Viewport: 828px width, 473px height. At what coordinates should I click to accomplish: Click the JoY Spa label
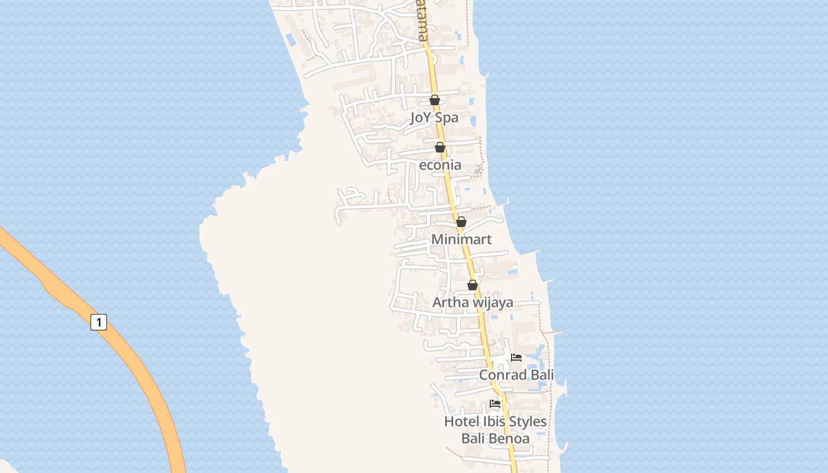(434, 118)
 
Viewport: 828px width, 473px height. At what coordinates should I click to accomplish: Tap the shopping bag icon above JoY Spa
(435, 100)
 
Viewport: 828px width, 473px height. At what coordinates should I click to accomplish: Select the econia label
(440, 165)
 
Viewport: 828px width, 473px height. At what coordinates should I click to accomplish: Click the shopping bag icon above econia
(440, 147)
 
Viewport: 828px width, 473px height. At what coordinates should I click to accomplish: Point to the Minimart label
(461, 239)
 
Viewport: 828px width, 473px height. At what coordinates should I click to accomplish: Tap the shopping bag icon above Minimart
(461, 222)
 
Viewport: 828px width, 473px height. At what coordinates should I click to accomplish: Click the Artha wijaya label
(473, 303)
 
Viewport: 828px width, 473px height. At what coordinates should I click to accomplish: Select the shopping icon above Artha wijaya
(473, 285)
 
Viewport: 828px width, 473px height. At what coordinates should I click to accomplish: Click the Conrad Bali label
(516, 375)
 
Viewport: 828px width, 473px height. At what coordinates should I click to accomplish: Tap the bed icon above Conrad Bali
(516, 358)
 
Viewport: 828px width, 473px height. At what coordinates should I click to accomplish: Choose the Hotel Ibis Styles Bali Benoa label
(496, 430)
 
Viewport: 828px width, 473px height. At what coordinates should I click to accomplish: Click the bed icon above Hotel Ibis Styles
(496, 404)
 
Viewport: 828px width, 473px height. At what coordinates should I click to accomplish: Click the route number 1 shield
(99, 322)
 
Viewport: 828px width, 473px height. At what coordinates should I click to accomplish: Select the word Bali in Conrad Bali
(542, 375)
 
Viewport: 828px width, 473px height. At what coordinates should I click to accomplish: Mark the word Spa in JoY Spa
(447, 118)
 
